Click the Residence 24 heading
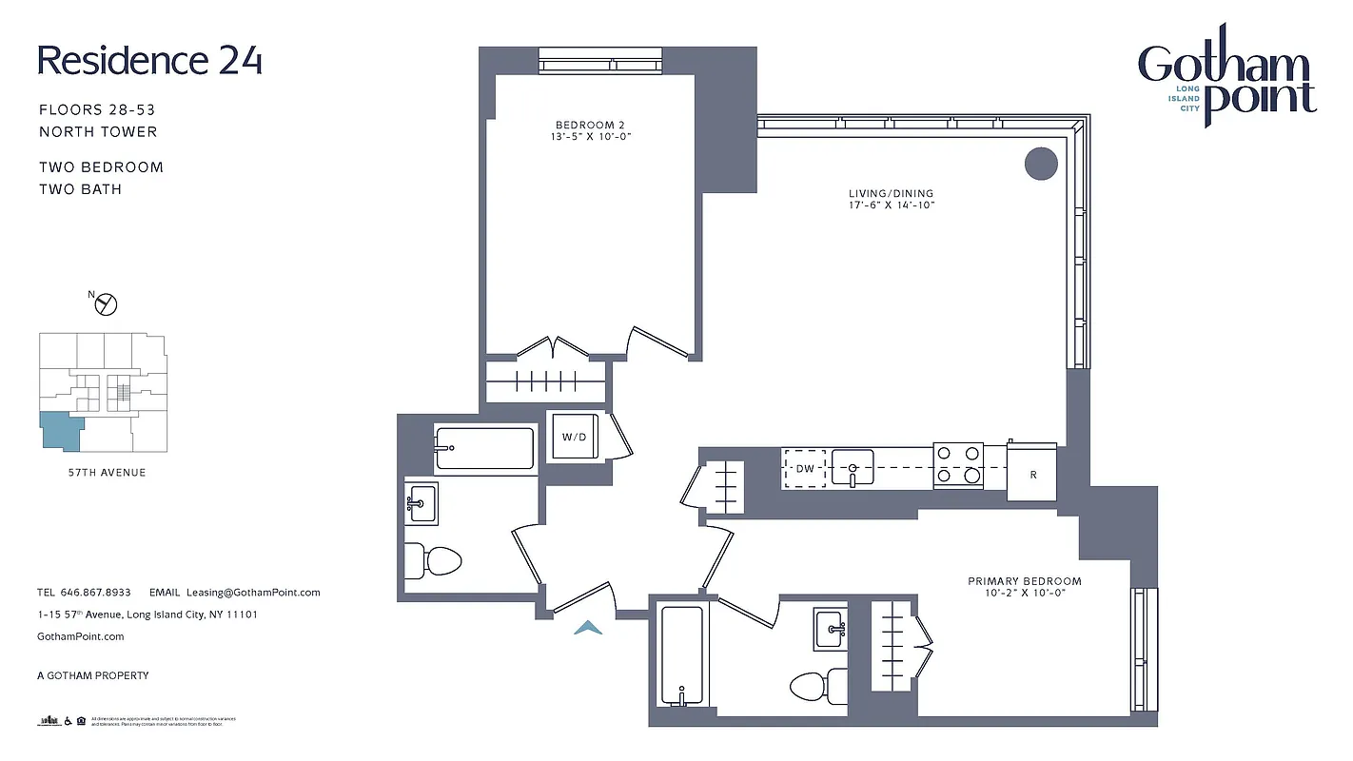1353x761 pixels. (149, 60)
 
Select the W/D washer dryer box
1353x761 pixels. (574, 438)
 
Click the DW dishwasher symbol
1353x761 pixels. (805, 468)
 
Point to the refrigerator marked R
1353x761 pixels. (1033, 473)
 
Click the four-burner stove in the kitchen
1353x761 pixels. (957, 465)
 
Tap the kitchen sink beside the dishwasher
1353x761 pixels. (853, 468)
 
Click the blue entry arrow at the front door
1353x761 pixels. (590, 627)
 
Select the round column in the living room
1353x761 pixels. (1041, 163)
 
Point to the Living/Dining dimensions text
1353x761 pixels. (892, 205)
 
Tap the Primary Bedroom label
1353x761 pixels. (1025, 581)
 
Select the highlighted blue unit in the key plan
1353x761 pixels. (61, 431)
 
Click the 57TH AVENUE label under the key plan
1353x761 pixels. (100, 473)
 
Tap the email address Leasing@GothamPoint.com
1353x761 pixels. (253, 592)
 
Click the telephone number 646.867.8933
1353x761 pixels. (95, 592)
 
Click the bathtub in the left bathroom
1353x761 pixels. (484, 448)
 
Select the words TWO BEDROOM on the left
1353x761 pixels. (101, 167)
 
